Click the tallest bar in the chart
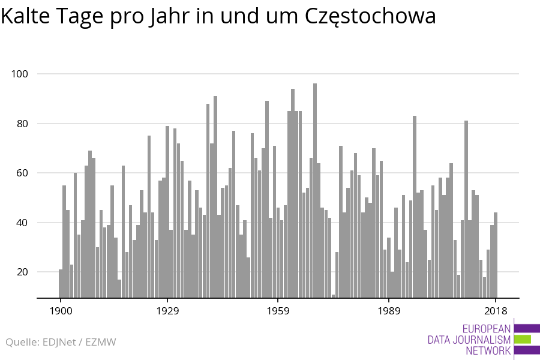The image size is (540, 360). (x=315, y=191)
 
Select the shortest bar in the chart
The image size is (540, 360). (x=334, y=296)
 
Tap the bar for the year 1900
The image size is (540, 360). (x=61, y=284)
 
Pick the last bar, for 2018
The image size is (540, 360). (x=496, y=255)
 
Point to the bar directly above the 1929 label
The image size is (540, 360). (x=167, y=212)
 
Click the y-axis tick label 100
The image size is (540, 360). (x=20, y=74)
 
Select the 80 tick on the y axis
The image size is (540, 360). (x=22, y=124)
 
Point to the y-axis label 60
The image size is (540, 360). (x=22, y=173)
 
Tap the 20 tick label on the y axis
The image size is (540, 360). (x=22, y=272)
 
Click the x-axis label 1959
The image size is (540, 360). (x=278, y=311)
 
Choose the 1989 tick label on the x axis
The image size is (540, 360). (x=389, y=311)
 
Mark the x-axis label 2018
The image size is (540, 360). (x=496, y=311)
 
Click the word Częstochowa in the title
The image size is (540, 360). (x=370, y=17)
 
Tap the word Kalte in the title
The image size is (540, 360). (x=25, y=16)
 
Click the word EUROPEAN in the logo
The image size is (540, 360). (x=486, y=329)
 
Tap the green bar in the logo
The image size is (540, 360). (x=523, y=340)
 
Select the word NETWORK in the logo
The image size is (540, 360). (x=488, y=350)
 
